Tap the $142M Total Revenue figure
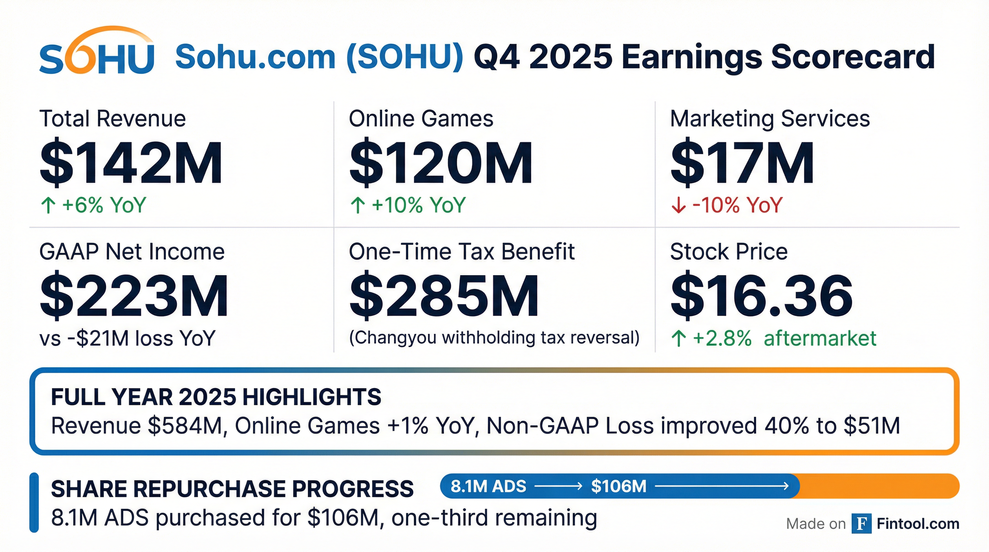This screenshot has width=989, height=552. [x=131, y=163]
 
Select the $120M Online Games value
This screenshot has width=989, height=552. [x=441, y=163]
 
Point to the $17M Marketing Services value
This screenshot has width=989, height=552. [x=742, y=163]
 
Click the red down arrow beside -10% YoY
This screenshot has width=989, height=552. [x=678, y=205]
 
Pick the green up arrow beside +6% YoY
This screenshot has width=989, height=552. [x=48, y=205]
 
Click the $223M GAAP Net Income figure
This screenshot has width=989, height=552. [x=134, y=295]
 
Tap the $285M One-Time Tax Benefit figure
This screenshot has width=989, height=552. [x=444, y=295]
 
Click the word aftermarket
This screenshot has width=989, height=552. [x=820, y=339]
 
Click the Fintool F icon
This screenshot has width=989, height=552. [x=861, y=524]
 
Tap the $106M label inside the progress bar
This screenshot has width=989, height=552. [x=618, y=486]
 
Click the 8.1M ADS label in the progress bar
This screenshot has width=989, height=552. [x=488, y=486]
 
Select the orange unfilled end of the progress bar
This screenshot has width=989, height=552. [x=879, y=486]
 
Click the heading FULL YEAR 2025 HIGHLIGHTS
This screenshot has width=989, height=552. [x=216, y=397]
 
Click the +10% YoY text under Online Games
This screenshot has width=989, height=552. [x=418, y=205]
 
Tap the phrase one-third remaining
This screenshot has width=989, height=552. [x=494, y=517]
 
